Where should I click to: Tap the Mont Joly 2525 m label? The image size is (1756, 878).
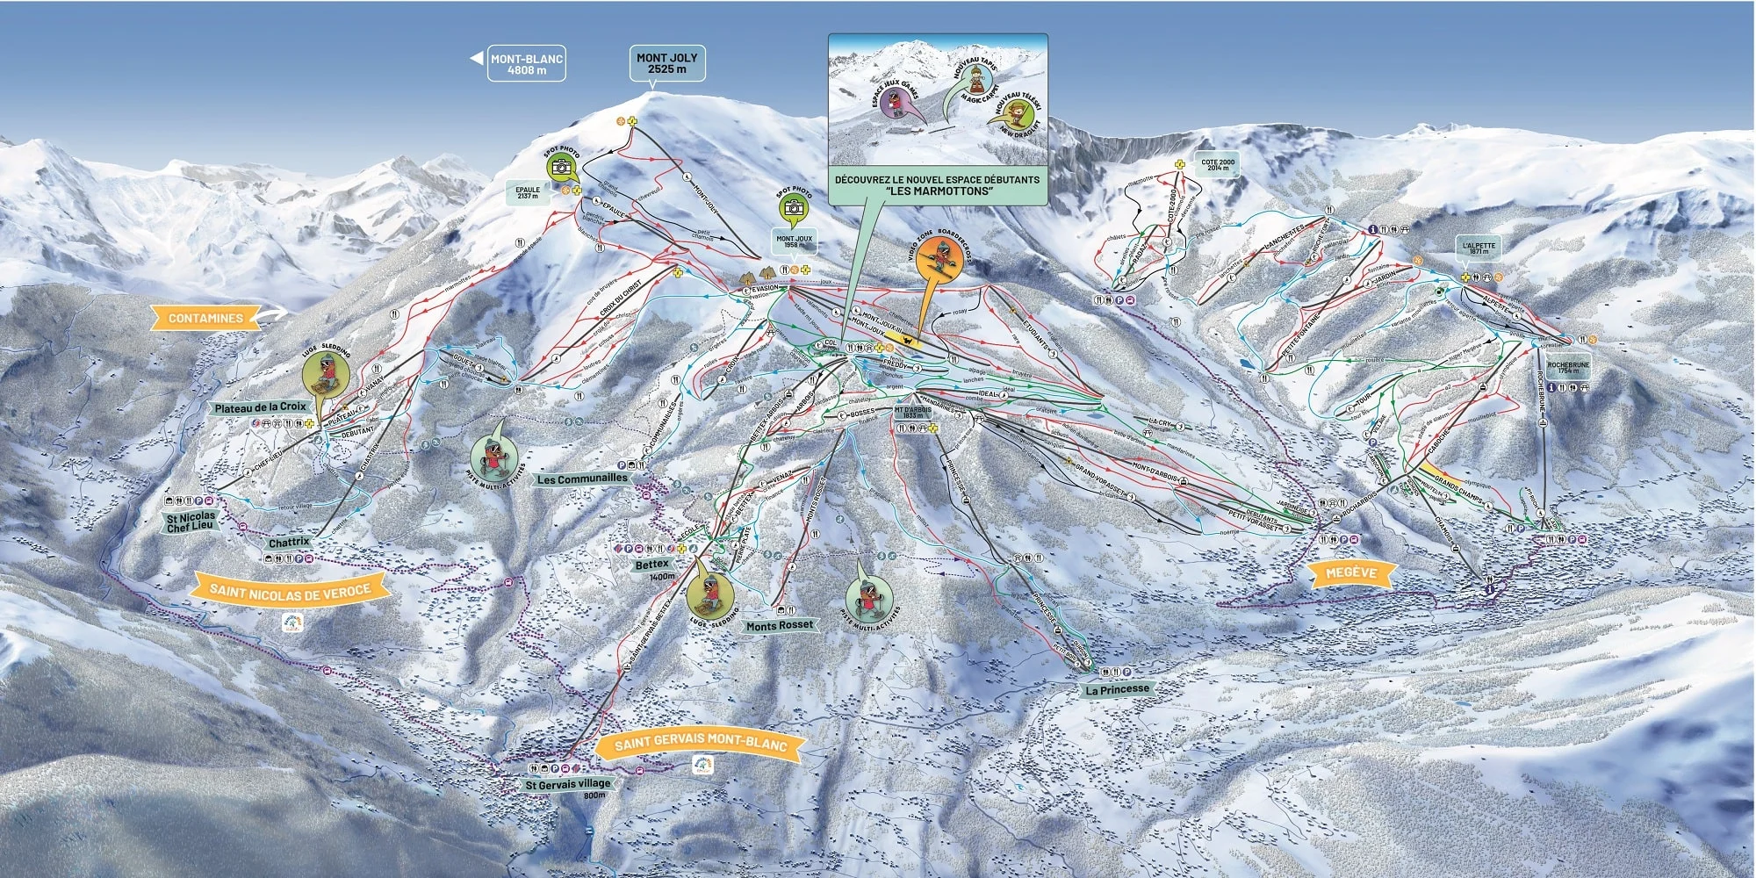point(667,62)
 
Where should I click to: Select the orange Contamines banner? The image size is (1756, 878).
point(206,318)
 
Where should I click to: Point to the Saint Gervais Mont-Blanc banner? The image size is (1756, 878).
point(700,745)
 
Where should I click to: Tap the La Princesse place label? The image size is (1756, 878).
point(1117,689)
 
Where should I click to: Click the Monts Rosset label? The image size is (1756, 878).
point(779,625)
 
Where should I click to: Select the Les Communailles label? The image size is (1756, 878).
point(582,479)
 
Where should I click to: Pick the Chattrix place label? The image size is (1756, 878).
point(289,543)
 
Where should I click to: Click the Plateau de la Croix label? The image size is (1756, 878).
point(261,407)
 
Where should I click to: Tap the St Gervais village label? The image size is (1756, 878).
point(567,784)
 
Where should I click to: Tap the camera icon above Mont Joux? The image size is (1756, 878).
point(794,207)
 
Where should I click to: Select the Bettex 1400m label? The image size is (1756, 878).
point(652,565)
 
